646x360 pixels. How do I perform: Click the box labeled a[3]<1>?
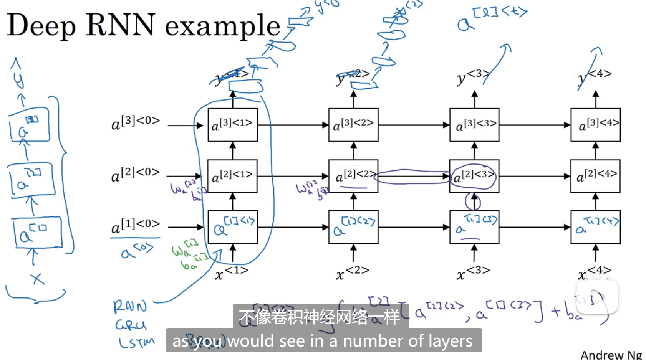pyautogui.click(x=232, y=125)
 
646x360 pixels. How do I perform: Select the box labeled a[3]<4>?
pyautogui.click(x=595, y=125)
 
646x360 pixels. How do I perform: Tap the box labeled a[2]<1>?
pyautogui.click(x=232, y=176)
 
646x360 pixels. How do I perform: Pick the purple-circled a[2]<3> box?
pyautogui.click(x=474, y=176)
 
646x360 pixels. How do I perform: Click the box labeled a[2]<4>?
pyautogui.click(x=595, y=176)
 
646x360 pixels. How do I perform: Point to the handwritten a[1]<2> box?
pyautogui.click(x=353, y=227)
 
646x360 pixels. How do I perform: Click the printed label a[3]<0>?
pyautogui.click(x=135, y=122)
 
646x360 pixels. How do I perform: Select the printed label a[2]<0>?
pyautogui.click(x=135, y=174)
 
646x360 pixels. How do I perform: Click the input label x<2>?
pyautogui.click(x=352, y=272)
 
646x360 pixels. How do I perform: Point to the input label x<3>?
pyautogui.click(x=473, y=272)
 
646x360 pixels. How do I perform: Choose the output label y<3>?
pyautogui.click(x=472, y=77)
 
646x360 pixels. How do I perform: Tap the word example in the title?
pyautogui.click(x=223, y=26)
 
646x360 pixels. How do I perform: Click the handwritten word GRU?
pyautogui.click(x=131, y=325)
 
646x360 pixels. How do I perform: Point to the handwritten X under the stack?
pyautogui.click(x=37, y=278)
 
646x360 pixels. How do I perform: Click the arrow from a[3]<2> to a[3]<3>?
pyautogui.click(x=414, y=125)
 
